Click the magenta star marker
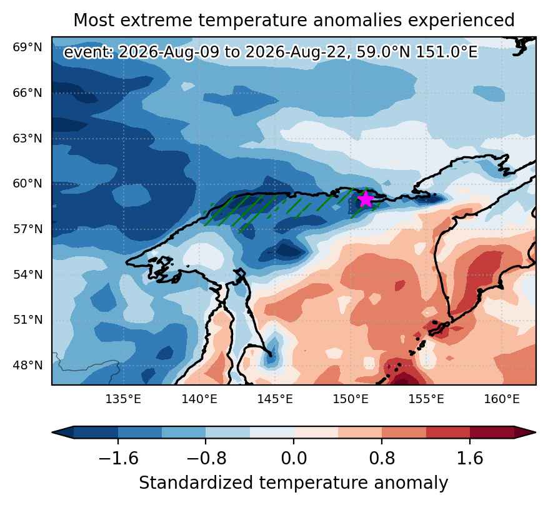click(x=366, y=199)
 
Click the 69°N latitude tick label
click(x=27, y=47)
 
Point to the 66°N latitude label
click(x=27, y=93)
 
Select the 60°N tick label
click(x=27, y=184)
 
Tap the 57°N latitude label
click(x=27, y=229)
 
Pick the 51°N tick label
click(x=27, y=320)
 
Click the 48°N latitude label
click(x=27, y=366)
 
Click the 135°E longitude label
click(x=123, y=399)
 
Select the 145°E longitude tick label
click(x=275, y=399)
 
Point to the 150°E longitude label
click(x=351, y=399)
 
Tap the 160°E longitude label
click(x=502, y=399)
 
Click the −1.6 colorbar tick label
click(x=119, y=458)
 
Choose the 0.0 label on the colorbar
click(x=294, y=458)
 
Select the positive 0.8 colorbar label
click(x=382, y=458)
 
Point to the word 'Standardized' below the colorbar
click(x=196, y=483)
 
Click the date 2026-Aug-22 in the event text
click(x=297, y=52)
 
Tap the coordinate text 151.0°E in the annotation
click(x=446, y=52)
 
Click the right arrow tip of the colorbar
click(x=536, y=432)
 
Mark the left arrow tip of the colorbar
click(x=52, y=432)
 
